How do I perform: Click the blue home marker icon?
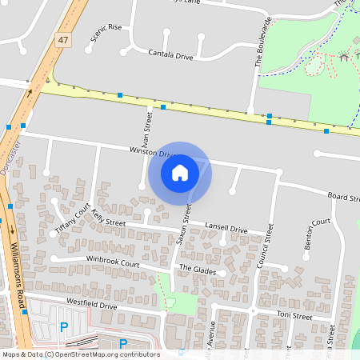click(180, 173)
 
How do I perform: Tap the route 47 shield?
click(62, 39)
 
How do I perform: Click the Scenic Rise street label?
click(106, 32)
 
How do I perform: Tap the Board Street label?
click(342, 196)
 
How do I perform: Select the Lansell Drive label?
click(226, 228)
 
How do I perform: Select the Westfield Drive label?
click(91, 305)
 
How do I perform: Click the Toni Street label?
click(294, 316)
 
